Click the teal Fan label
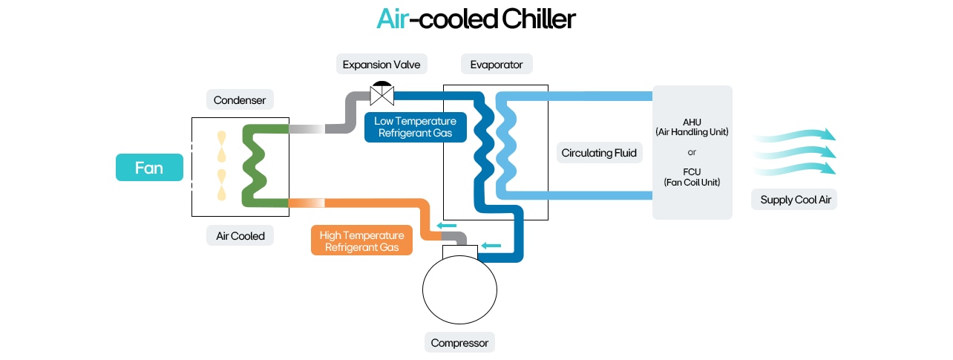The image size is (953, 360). [x=149, y=168]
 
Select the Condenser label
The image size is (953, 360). [x=240, y=100]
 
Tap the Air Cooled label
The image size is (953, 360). [x=240, y=236]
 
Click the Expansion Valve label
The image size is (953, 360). [x=381, y=65]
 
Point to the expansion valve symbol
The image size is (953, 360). [x=381, y=94]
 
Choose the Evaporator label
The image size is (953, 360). [x=497, y=65]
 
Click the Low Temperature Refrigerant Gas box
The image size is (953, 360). [x=416, y=127]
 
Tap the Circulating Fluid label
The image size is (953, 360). [x=598, y=154]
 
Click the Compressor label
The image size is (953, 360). [x=459, y=343]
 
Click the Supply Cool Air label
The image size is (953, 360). [x=795, y=200]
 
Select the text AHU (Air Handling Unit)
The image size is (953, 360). [x=692, y=126]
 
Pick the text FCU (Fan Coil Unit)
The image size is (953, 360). [x=692, y=177]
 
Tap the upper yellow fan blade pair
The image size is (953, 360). [x=221, y=147]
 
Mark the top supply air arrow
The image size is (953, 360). [x=795, y=136]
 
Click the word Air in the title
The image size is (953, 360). [x=392, y=19]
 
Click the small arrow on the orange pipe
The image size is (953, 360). [x=446, y=226]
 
